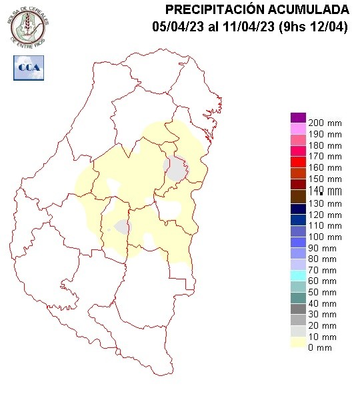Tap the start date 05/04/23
pos(175,27)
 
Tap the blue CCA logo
pos(27,67)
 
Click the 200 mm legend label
pos(324,123)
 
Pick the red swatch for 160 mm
pos(298,162)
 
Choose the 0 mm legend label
pos(319,348)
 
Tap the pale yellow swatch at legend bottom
pos(298,343)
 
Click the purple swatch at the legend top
pos(298,117)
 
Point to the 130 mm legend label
pos(324,203)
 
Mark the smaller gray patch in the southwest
pos(122,227)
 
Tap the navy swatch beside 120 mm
pos(298,207)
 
